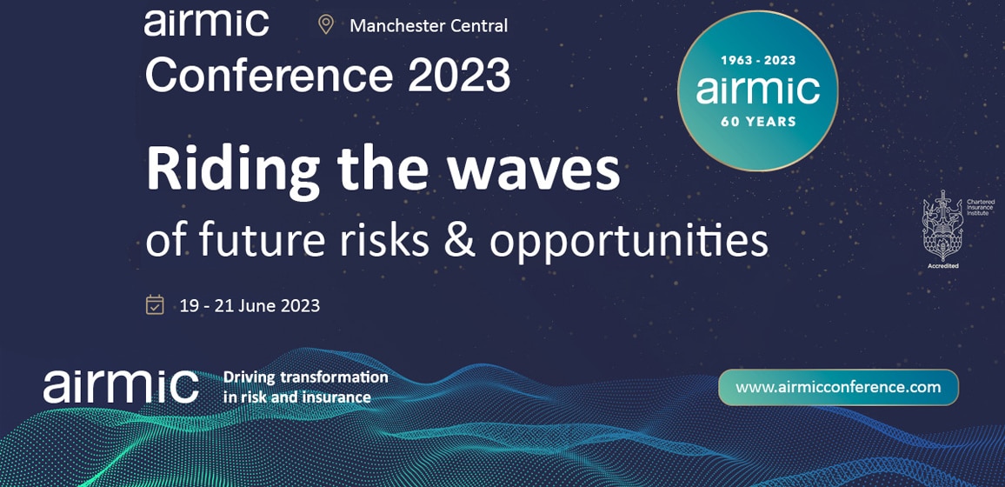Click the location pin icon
coord(326,24)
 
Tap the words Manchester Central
coord(428,26)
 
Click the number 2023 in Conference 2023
coord(459,76)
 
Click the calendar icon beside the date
coord(155,305)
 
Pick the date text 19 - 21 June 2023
coord(250,306)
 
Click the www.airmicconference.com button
coord(838,387)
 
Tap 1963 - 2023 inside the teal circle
coord(758,61)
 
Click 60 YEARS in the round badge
coord(758,122)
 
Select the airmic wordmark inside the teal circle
coord(758,90)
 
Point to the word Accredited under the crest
coord(942,266)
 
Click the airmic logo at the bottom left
coord(121,385)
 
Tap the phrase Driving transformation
coord(305,377)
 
